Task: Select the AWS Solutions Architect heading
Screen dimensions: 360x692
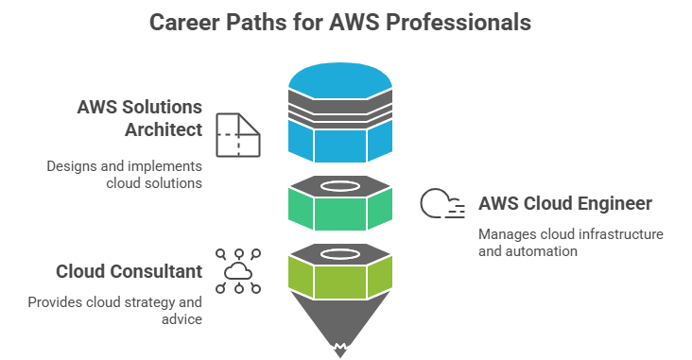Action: (x=140, y=117)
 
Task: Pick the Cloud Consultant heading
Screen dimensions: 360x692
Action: (x=129, y=271)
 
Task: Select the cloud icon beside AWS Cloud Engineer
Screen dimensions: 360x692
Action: (x=441, y=204)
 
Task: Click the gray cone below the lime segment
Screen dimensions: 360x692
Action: (x=340, y=321)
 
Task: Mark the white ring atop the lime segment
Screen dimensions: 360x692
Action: (x=340, y=253)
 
